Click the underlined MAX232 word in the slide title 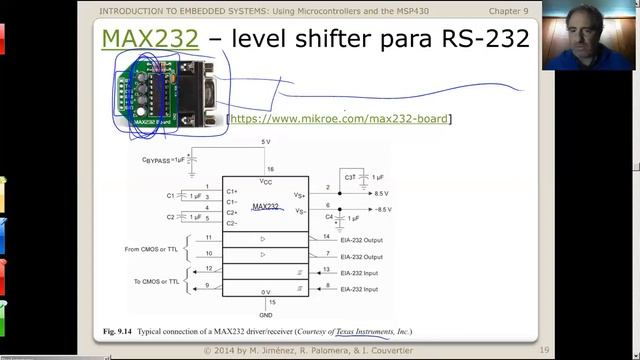[x=150, y=40]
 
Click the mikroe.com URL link [x=339, y=119]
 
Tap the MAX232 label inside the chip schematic [x=265, y=206]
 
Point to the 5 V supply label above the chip [x=265, y=142]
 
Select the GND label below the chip [x=265, y=314]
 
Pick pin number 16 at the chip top [x=270, y=170]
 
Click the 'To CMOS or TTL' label [x=156, y=281]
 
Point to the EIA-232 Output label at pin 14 [x=361, y=240]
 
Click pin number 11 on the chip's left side [x=208, y=238]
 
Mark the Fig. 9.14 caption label [x=118, y=331]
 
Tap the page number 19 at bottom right [x=544, y=350]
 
